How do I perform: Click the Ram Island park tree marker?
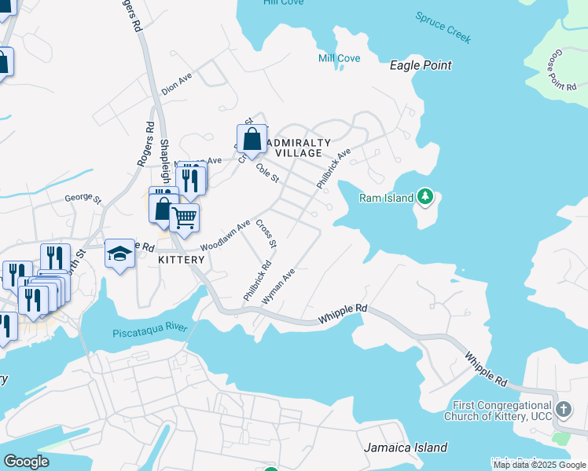tap(425, 196)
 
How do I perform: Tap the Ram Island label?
tap(386, 198)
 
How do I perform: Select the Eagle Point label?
tap(421, 66)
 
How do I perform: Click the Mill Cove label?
tap(339, 58)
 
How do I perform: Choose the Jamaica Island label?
tap(406, 447)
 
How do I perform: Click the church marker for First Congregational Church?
tap(564, 410)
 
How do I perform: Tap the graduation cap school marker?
tap(119, 254)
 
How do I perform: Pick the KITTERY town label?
tap(182, 260)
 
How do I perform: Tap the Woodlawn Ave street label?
tap(225, 235)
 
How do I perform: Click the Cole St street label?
tap(267, 173)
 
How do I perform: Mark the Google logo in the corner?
tap(26, 462)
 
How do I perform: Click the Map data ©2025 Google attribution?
tap(539, 465)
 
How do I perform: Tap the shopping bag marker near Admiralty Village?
tap(252, 140)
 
